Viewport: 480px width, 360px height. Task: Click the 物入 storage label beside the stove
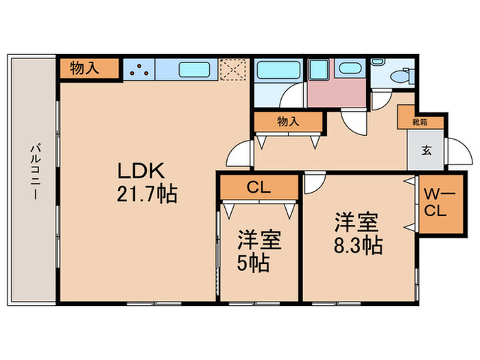click(x=88, y=69)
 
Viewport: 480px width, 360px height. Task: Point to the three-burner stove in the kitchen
click(x=139, y=69)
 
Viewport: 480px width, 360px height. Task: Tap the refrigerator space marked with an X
click(x=233, y=69)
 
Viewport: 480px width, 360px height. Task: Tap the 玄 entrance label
click(x=426, y=150)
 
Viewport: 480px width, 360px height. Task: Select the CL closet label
click(x=258, y=187)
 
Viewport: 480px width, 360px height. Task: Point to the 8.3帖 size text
click(x=357, y=244)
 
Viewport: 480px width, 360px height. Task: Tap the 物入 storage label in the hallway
click(x=289, y=122)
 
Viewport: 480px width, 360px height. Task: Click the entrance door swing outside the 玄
click(x=456, y=151)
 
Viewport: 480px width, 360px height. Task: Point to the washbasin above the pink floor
click(x=349, y=69)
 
